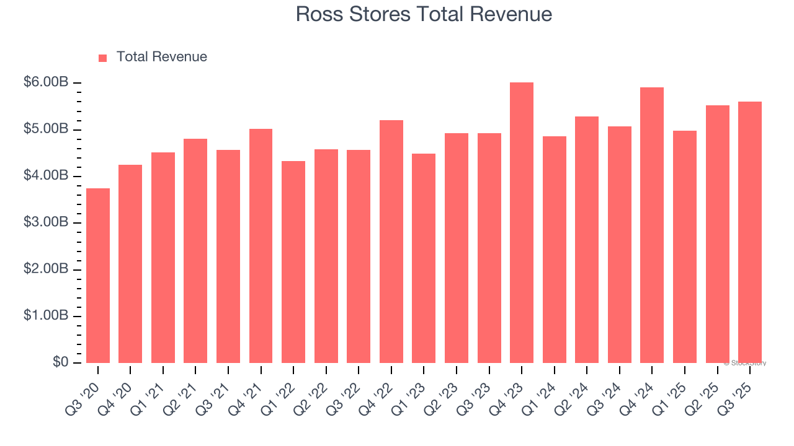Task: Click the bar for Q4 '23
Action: pos(522,223)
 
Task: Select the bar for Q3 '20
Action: pos(98,276)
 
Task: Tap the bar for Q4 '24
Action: pos(652,225)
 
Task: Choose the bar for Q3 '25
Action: pos(750,232)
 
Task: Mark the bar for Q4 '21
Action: pos(261,246)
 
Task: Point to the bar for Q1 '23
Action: pos(424,258)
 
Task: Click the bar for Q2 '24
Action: pos(587,240)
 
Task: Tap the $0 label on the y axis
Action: pos(60,362)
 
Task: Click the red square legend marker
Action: pos(103,58)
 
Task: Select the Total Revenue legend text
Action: pos(162,57)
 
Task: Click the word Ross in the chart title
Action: pos(317,14)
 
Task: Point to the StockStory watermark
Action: pos(745,363)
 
